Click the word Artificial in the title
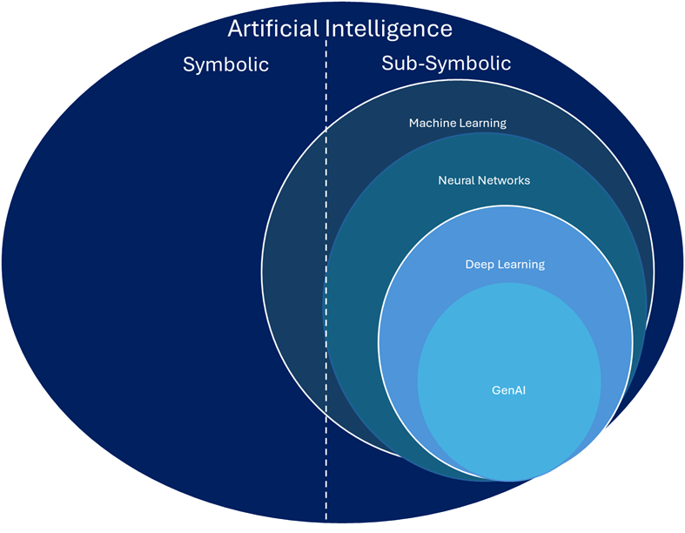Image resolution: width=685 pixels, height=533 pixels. (x=272, y=29)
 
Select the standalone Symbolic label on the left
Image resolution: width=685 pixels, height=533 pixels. (x=225, y=64)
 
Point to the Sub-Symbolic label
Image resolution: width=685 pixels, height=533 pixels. (x=446, y=64)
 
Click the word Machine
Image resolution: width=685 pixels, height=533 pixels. (x=431, y=124)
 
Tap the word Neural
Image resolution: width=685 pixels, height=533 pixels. (x=456, y=181)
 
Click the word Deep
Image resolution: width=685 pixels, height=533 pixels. (x=480, y=265)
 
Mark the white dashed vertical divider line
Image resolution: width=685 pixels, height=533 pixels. (x=326, y=261)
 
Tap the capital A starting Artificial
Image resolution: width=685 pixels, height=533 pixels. (x=235, y=29)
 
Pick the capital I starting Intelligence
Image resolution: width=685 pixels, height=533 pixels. (x=331, y=29)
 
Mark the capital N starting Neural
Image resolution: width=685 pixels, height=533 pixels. (x=442, y=181)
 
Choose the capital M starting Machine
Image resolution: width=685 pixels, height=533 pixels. (x=413, y=124)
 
